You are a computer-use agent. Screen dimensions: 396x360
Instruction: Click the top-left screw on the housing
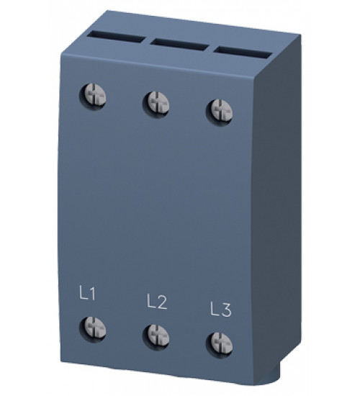(x=94, y=95)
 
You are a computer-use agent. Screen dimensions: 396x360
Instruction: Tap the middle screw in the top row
(x=156, y=102)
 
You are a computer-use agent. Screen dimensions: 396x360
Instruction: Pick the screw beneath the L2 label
(x=156, y=334)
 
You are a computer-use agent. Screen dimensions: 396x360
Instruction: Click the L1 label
(x=87, y=294)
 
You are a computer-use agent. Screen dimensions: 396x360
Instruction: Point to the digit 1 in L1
(x=93, y=294)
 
